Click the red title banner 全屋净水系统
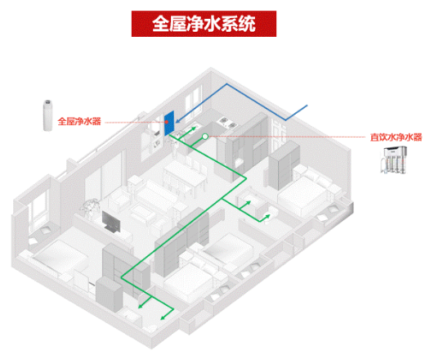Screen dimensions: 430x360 coord(204,24)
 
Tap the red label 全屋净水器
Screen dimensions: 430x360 coord(79,121)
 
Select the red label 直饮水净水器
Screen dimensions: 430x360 coord(396,137)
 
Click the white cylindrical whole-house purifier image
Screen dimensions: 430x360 coord(47,115)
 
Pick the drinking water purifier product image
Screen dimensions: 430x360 coord(393,160)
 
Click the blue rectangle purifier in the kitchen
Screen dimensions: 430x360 coord(169,123)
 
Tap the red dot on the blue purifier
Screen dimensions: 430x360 coord(167,122)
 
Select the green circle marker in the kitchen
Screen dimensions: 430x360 coord(205,137)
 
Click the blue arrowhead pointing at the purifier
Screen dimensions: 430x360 coord(178,121)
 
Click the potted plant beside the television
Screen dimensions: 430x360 coord(89,208)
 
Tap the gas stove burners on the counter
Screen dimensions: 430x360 coord(227,123)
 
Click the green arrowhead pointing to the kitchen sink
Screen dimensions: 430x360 coord(194,128)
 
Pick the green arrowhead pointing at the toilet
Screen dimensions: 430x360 coord(267,217)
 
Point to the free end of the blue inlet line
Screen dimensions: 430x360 coord(307,106)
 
